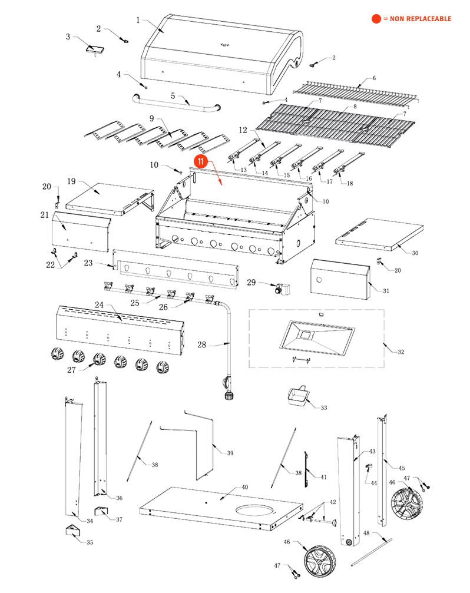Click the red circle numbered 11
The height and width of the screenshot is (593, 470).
[200, 161]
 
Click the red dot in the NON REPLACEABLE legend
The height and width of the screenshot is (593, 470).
[376, 18]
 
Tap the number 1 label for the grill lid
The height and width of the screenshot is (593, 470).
[138, 19]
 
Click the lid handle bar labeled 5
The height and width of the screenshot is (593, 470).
[177, 104]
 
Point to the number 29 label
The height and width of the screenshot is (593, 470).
[251, 282]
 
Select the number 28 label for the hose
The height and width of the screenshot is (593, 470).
[202, 344]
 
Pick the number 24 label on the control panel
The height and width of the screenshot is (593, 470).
[99, 304]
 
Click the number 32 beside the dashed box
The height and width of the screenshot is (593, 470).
[401, 352]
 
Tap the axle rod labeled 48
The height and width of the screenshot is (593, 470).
[372, 552]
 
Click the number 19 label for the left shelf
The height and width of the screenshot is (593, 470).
[71, 181]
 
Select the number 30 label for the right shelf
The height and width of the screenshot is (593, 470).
[415, 253]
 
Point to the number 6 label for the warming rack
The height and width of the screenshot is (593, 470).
[374, 78]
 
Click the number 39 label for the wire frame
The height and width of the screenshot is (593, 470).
[230, 453]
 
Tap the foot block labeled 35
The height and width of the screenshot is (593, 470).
[73, 531]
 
